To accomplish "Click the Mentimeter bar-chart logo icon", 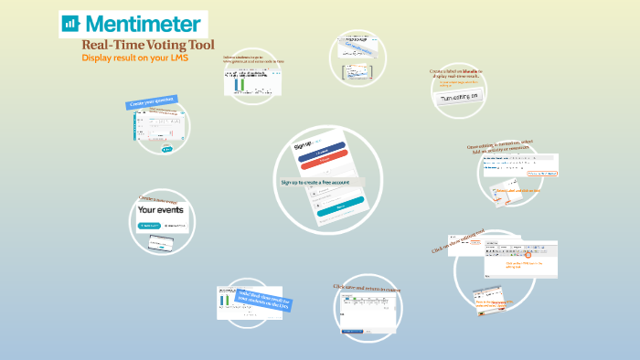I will click(70, 24).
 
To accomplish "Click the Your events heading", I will click(161, 210).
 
